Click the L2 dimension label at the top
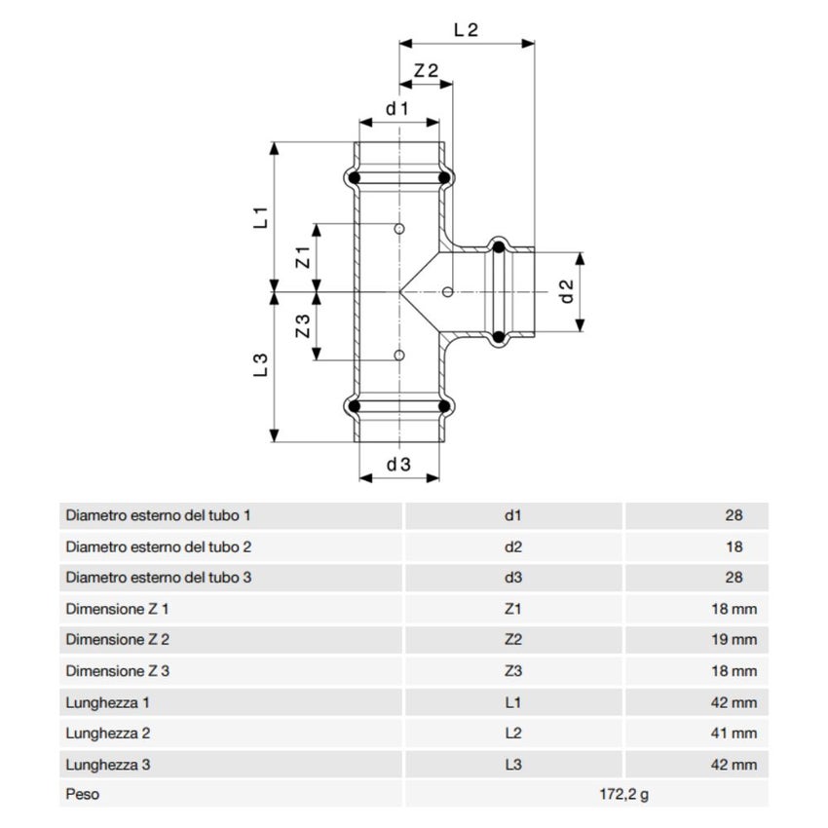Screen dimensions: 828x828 click(467, 29)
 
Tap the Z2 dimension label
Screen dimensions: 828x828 click(426, 71)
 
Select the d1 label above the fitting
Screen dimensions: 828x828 click(396, 108)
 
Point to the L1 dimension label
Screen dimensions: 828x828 click(260, 217)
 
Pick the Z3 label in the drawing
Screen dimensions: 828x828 click(303, 325)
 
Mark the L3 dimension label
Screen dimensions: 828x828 click(260, 365)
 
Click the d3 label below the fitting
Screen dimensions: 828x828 click(398, 465)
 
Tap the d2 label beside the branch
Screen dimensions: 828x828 click(568, 290)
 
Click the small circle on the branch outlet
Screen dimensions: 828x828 click(447, 291)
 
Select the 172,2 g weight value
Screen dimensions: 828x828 click(623, 794)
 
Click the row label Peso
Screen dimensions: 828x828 click(82, 794)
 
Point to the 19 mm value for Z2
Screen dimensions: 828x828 click(737, 640)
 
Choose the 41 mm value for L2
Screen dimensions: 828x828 click(737, 734)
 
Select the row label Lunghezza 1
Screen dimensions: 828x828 click(107, 702)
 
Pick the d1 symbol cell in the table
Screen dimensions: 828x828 click(513, 515)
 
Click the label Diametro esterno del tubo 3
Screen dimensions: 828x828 click(159, 578)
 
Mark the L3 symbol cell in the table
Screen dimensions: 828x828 click(513, 765)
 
